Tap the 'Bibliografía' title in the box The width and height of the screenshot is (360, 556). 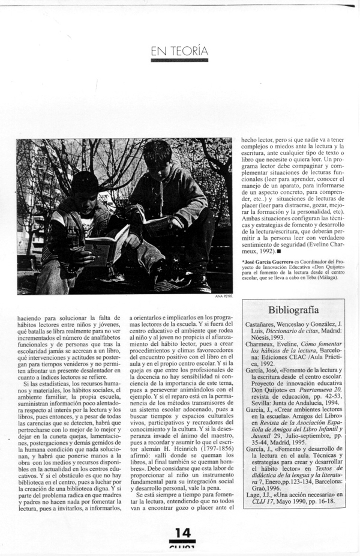tap(293, 310)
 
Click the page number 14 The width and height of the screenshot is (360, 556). tap(181, 533)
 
